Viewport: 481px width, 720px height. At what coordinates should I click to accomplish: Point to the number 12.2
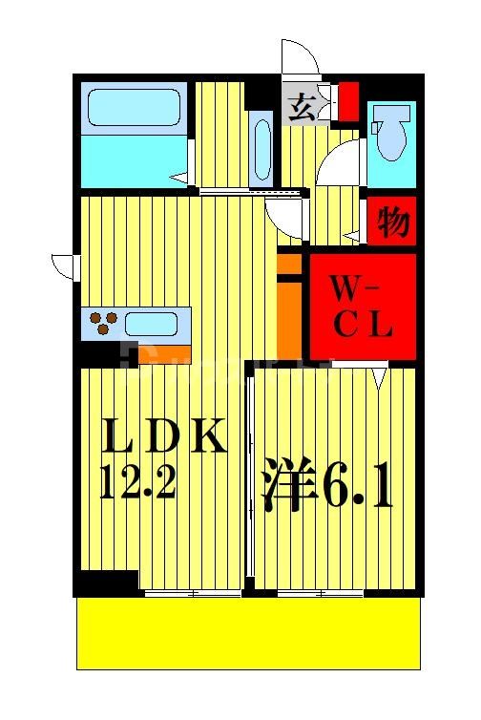click(x=139, y=485)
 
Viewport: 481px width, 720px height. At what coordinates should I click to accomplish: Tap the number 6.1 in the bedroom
click(x=357, y=487)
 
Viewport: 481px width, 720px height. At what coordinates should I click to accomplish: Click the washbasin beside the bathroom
click(x=261, y=148)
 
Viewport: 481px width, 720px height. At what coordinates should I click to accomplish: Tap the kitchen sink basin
click(x=151, y=323)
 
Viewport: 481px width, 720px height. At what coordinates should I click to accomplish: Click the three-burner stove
click(x=102, y=323)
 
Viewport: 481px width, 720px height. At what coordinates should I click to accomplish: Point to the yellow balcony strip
click(x=247, y=634)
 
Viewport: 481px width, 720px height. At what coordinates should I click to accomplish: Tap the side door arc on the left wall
click(x=65, y=265)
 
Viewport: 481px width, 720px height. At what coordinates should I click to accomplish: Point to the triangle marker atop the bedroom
click(x=381, y=378)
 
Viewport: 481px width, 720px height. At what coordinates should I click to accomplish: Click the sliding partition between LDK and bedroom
click(x=249, y=477)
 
